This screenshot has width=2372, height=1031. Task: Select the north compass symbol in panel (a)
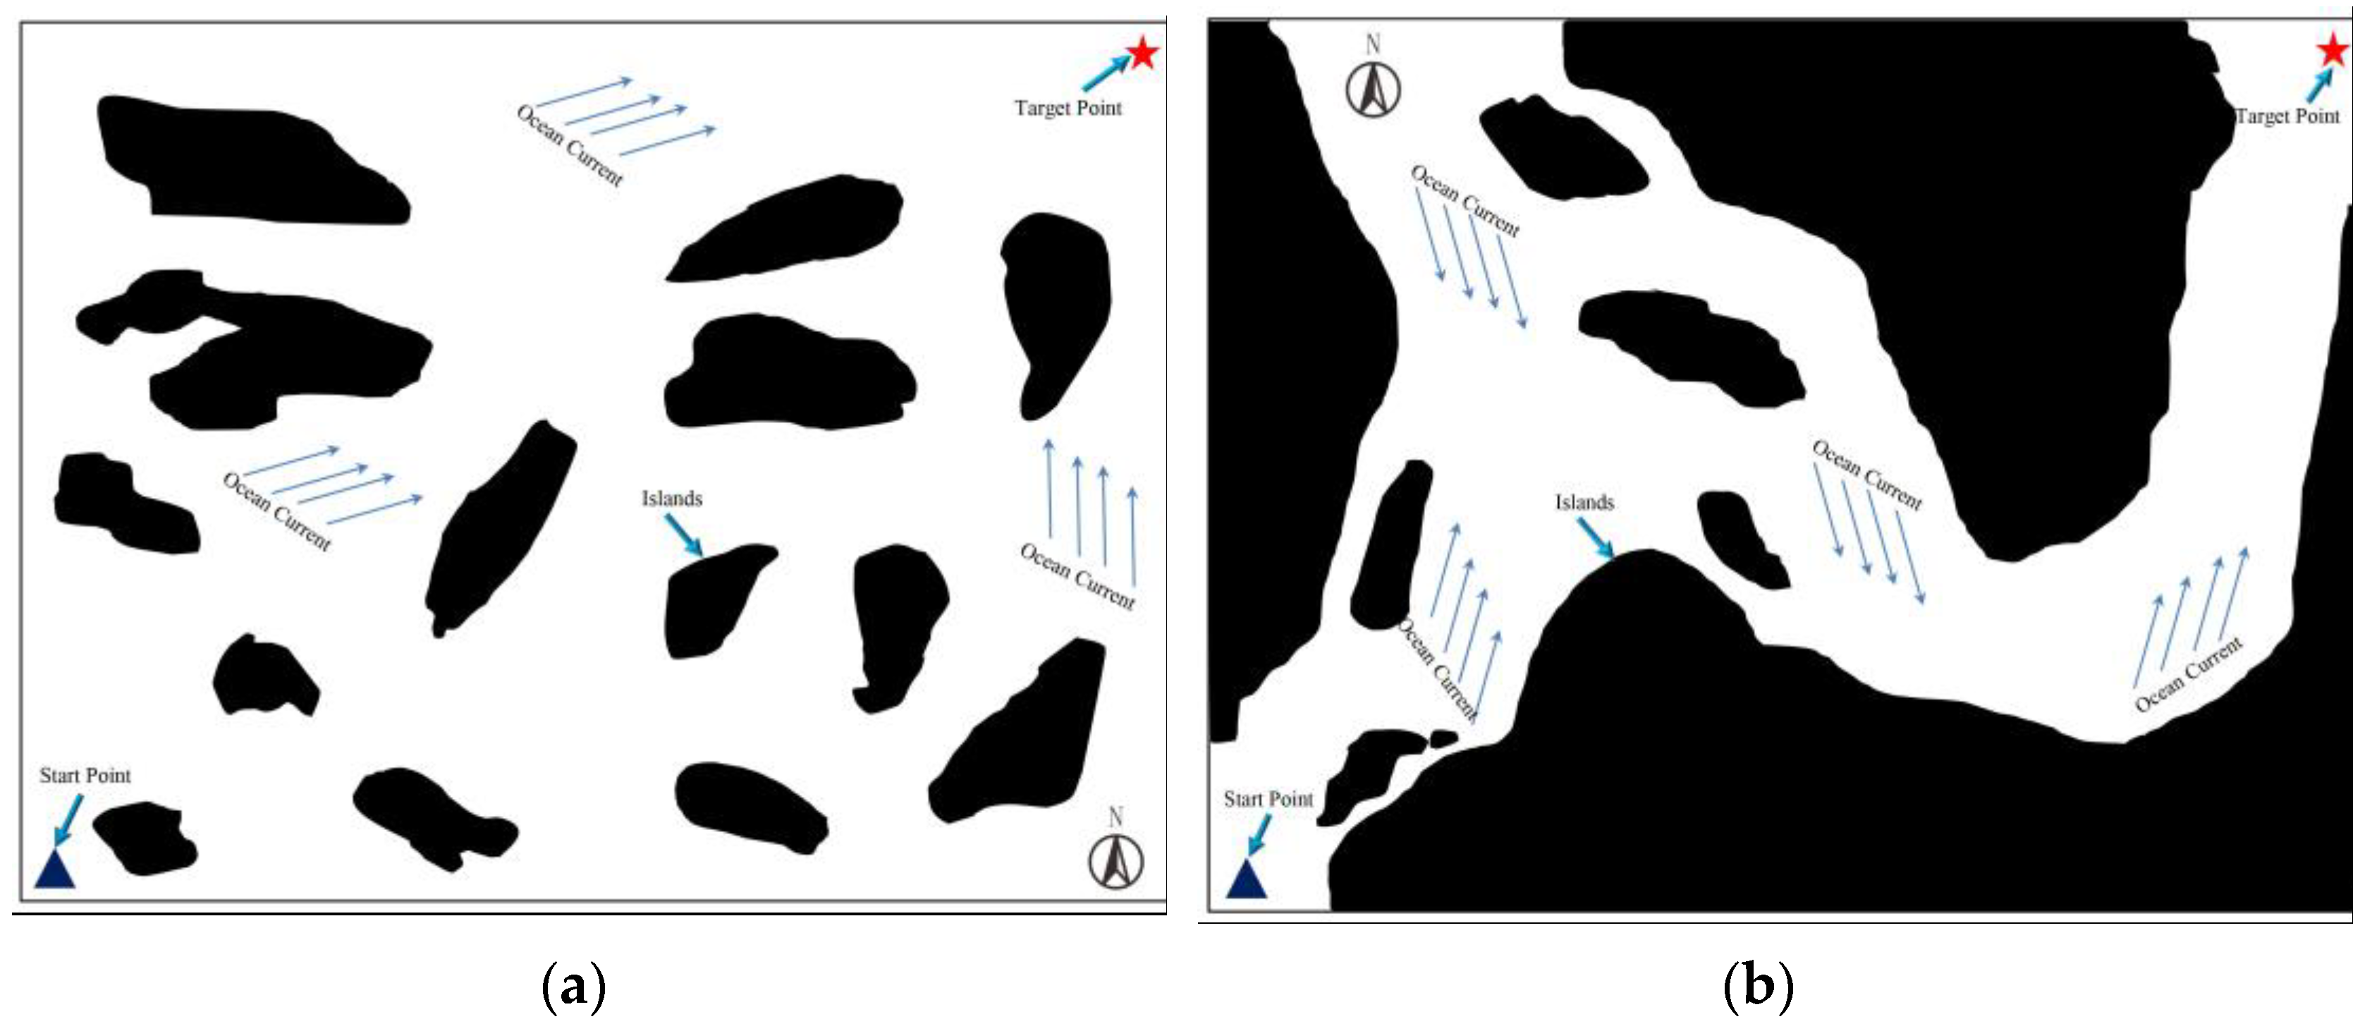pyautogui.click(x=1116, y=861)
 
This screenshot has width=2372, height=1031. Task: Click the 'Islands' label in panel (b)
pyautogui.click(x=1584, y=503)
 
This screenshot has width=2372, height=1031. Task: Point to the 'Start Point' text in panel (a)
pyautogui.click(x=85, y=776)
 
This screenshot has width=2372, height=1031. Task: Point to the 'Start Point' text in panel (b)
pyautogui.click(x=1268, y=799)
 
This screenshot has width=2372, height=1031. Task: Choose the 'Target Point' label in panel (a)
pyautogui.click(x=1068, y=109)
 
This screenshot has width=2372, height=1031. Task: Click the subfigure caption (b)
pyautogui.click(x=1758, y=987)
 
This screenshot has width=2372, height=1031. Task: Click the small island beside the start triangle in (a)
pyautogui.click(x=145, y=838)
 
